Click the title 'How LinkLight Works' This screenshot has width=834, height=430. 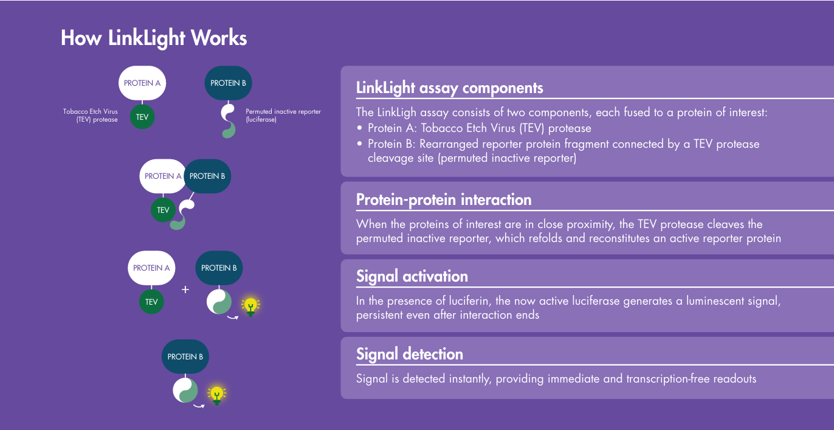point(154,38)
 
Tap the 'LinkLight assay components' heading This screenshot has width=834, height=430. point(449,88)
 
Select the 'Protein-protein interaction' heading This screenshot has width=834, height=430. point(444,200)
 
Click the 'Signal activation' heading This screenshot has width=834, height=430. point(412,277)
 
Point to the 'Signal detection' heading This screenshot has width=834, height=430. point(409,355)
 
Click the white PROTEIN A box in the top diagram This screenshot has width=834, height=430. point(142,83)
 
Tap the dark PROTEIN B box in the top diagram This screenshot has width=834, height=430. point(228,83)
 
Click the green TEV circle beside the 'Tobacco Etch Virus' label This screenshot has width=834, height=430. point(142,117)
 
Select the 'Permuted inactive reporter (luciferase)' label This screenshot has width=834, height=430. point(283,116)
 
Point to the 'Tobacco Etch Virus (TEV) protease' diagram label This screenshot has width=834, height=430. point(91,116)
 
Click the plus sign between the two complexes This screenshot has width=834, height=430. point(185,290)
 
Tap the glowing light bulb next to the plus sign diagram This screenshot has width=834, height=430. point(250,306)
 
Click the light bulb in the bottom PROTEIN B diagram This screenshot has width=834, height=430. point(215,395)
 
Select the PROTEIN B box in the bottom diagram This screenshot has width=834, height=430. point(185,356)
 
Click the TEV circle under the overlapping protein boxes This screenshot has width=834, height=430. point(163,210)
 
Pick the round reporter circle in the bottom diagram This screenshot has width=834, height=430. point(185,390)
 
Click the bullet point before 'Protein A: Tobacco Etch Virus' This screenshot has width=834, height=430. point(359,128)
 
